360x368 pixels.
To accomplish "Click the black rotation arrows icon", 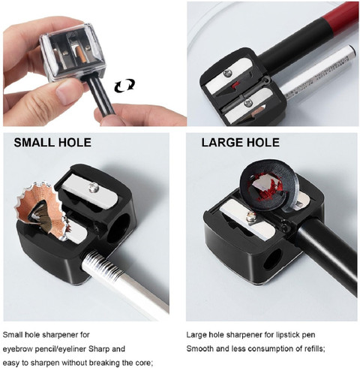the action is point(124,85).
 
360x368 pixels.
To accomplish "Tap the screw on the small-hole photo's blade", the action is point(94,187).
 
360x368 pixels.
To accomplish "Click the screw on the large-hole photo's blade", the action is point(250,217).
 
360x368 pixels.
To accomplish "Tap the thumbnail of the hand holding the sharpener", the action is point(94,64).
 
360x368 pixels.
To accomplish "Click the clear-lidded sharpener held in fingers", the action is point(73,52).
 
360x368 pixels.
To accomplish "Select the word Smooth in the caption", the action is point(200,348).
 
